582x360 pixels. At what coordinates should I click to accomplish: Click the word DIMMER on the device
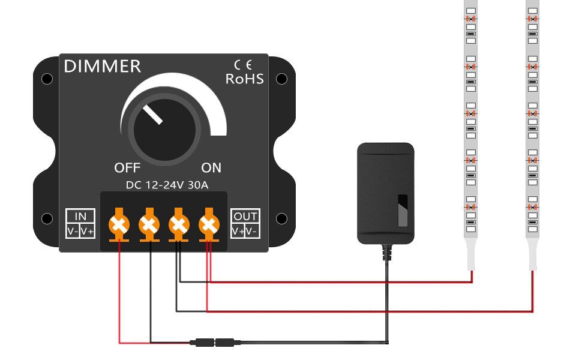pos(102,67)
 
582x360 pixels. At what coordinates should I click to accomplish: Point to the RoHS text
pos(244,79)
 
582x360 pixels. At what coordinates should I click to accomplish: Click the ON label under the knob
pos(211,167)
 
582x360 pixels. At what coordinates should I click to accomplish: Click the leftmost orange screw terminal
pos(119,225)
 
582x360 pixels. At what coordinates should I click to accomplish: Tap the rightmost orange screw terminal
pos(208,225)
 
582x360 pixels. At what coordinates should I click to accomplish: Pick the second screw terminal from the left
pos(149,225)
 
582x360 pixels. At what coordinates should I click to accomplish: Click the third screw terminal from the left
pos(178,225)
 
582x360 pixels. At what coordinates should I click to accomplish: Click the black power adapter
pos(385,193)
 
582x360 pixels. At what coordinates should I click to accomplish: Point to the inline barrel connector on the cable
pos(215,343)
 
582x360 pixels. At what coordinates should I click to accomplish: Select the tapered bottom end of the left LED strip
pos(471,255)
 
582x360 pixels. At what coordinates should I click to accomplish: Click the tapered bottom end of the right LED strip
pos(532,255)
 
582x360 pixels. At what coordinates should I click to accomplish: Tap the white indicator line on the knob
pos(152,115)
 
